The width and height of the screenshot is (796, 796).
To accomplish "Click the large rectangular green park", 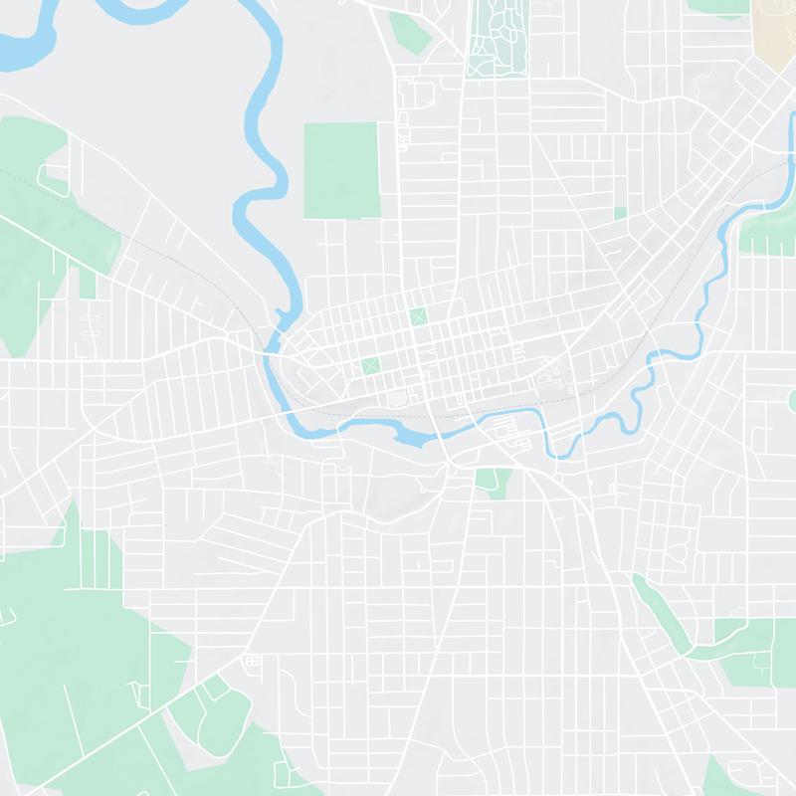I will [340, 169].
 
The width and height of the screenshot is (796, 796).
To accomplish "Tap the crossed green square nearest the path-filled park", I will [417, 316].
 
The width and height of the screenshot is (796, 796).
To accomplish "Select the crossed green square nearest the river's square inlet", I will [371, 365].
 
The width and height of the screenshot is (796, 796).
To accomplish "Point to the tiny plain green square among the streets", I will [620, 213].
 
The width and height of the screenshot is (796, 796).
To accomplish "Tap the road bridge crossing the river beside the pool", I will [438, 434].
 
